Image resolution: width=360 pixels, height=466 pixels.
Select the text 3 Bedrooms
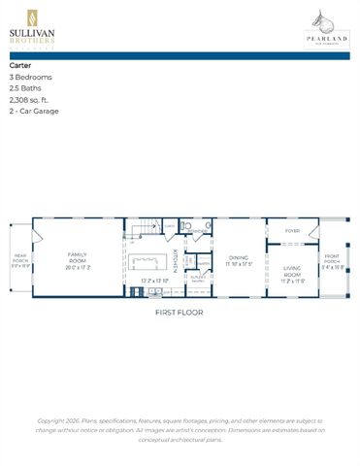(31, 77)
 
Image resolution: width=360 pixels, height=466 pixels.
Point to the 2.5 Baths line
(25, 88)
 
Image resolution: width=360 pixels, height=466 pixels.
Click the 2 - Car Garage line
(34, 112)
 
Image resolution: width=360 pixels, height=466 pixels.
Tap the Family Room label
(78, 257)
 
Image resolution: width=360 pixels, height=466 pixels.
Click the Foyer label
(292, 231)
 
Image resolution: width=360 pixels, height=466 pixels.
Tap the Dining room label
(239, 258)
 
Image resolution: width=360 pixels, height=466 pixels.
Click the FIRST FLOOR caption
(180, 313)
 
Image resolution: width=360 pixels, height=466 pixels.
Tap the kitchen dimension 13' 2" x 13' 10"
(153, 282)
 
